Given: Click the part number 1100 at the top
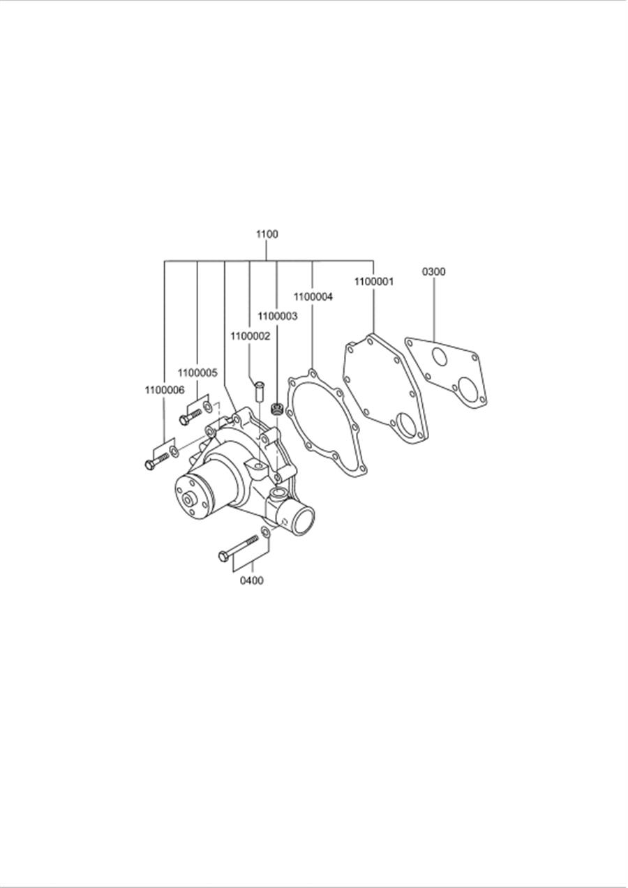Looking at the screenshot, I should coord(267,234).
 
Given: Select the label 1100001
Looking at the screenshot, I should coord(373,282).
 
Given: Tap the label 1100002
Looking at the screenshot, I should coord(250,336).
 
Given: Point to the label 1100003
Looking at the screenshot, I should coord(277,316).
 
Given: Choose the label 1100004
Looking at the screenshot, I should coord(313,296).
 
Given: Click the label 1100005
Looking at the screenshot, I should coord(197,372).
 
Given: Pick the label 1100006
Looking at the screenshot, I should coord(165,390).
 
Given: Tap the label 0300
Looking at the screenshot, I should coord(433,272).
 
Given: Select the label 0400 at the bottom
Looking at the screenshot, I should coord(252,580).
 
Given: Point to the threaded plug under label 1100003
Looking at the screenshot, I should coord(278,409).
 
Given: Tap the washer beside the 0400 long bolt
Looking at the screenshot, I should coord(265,534).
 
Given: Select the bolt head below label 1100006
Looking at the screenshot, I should coord(150,465).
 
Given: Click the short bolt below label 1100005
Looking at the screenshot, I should coord(189,416).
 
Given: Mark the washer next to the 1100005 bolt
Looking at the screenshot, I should coord(207,406).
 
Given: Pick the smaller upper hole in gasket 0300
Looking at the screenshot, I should coord(439,357).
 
